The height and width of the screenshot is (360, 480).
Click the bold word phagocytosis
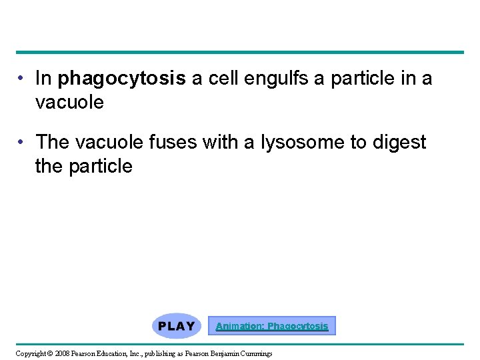pyautogui.click(x=122, y=79)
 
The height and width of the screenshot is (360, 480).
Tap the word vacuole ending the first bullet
pyautogui.click(x=69, y=102)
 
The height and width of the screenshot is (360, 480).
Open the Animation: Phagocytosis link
pyautogui.click(x=272, y=326)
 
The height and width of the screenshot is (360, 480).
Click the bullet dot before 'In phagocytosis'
pyautogui.click(x=22, y=79)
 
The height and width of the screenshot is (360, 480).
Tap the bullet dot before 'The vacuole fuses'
pyautogui.click(x=22, y=142)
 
